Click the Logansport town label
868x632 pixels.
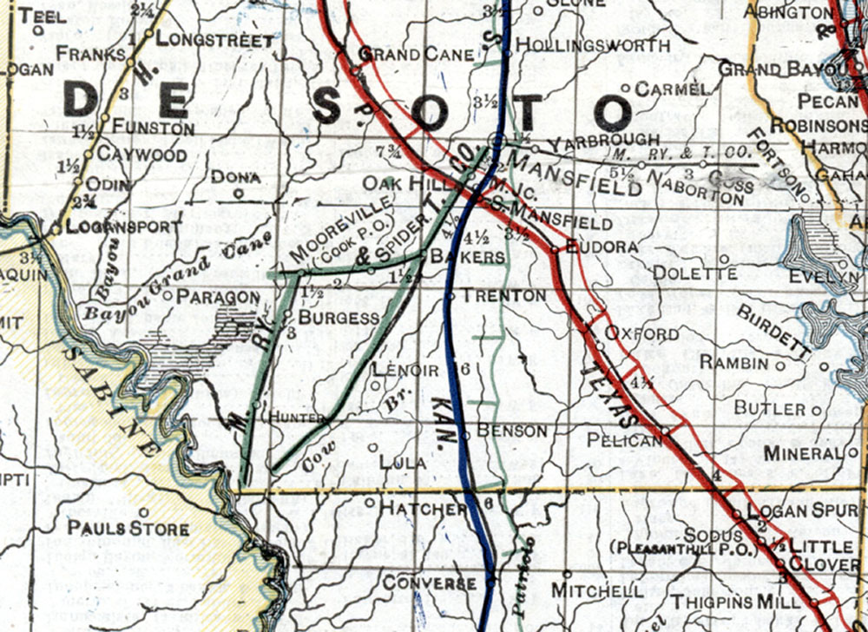click(117, 227)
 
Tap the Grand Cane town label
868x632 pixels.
click(417, 55)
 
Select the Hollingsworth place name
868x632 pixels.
click(592, 45)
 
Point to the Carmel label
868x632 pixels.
click(673, 89)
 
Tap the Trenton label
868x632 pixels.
click(504, 296)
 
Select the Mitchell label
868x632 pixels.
click(598, 591)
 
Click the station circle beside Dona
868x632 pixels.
click(240, 194)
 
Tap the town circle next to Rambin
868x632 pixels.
click(779, 365)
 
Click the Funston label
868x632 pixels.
click(158, 128)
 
